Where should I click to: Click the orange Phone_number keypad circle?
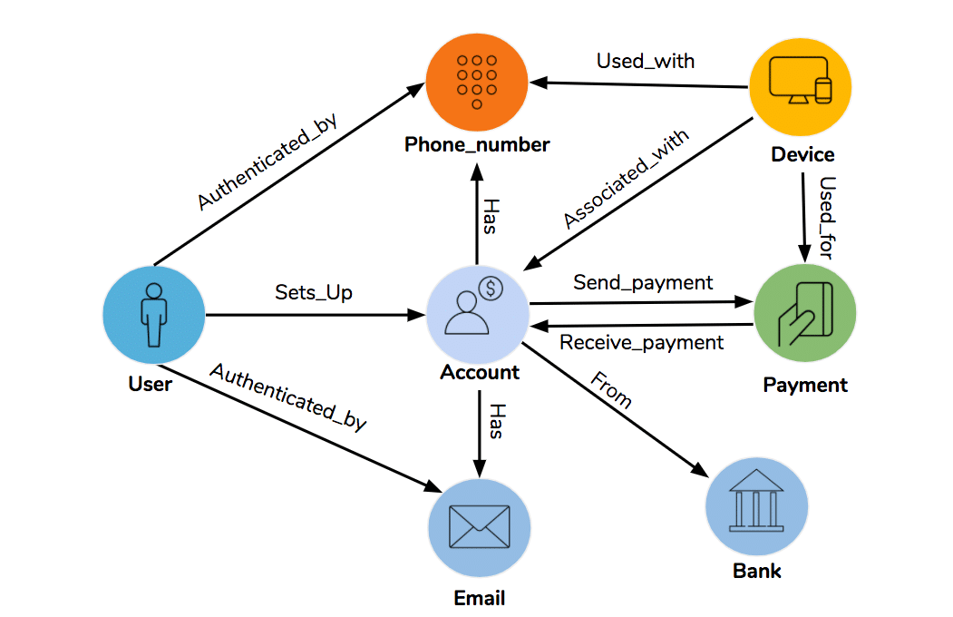point(477,80)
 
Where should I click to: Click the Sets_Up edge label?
point(314,293)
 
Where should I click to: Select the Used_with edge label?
point(645,62)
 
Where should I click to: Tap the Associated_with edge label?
point(626,180)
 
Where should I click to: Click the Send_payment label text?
point(643,282)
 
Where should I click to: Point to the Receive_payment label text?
point(641,342)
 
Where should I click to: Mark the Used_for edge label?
point(826,218)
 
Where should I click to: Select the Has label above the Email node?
point(494,421)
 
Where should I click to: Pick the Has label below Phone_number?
point(489,217)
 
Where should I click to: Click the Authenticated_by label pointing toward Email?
point(288,397)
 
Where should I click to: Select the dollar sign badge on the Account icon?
point(491,289)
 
